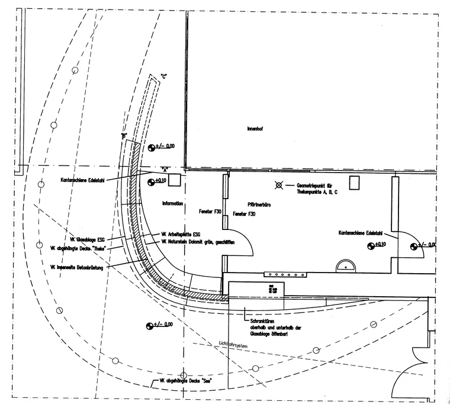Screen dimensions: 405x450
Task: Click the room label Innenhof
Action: coord(254,128)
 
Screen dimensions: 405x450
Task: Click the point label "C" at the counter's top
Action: coord(164,76)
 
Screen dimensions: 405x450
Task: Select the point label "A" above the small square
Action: coord(166,169)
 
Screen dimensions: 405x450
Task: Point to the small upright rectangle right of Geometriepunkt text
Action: coord(355,182)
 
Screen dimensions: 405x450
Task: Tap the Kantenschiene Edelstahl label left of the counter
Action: coord(83,181)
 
